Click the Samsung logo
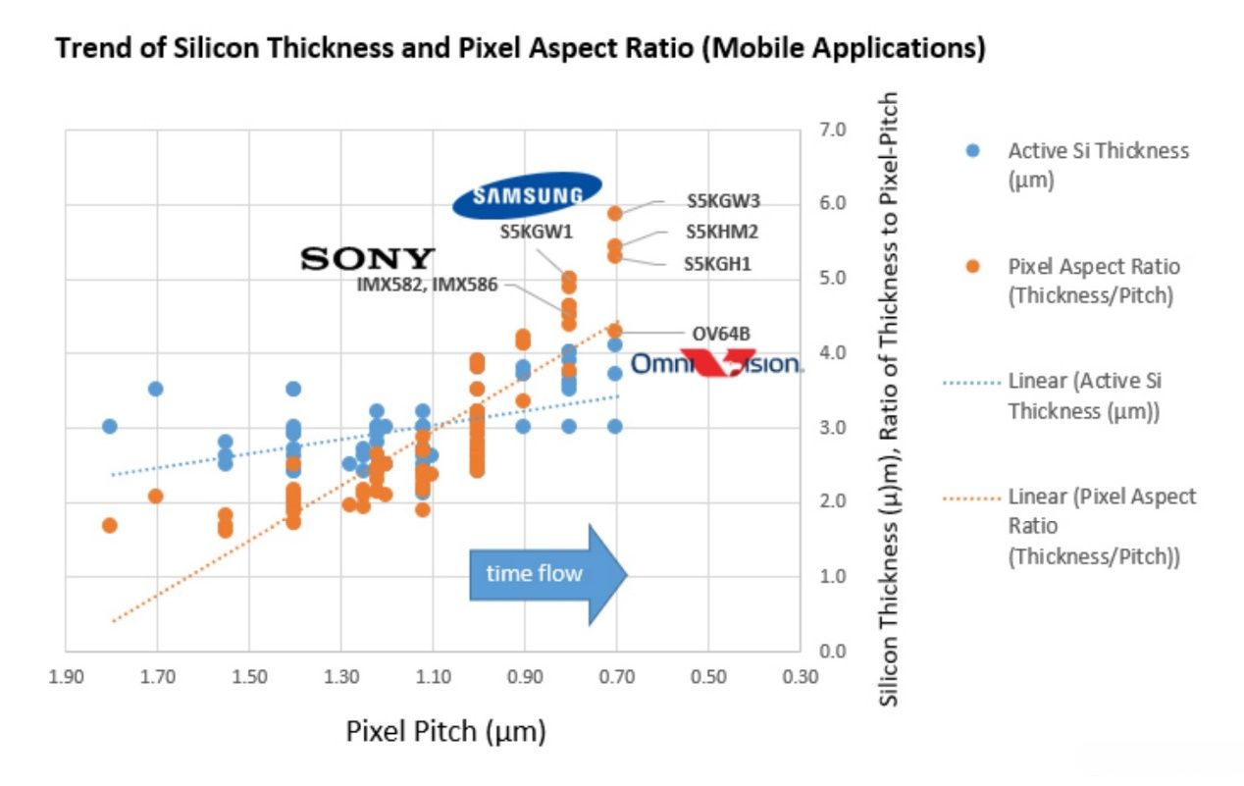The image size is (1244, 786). [x=527, y=195]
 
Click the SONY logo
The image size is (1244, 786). [x=367, y=259]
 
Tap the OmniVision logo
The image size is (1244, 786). [x=717, y=364]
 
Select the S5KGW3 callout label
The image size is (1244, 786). [x=724, y=201]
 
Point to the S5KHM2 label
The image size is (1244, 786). [x=722, y=233]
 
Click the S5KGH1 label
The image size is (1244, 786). [x=717, y=263]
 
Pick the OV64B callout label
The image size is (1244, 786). [x=721, y=334]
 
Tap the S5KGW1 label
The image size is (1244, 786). [x=536, y=233]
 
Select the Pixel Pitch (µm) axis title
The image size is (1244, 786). [x=445, y=731]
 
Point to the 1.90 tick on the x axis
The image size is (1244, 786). [x=66, y=676]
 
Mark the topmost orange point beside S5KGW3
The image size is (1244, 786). [x=615, y=213]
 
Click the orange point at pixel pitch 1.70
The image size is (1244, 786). [x=155, y=496]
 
